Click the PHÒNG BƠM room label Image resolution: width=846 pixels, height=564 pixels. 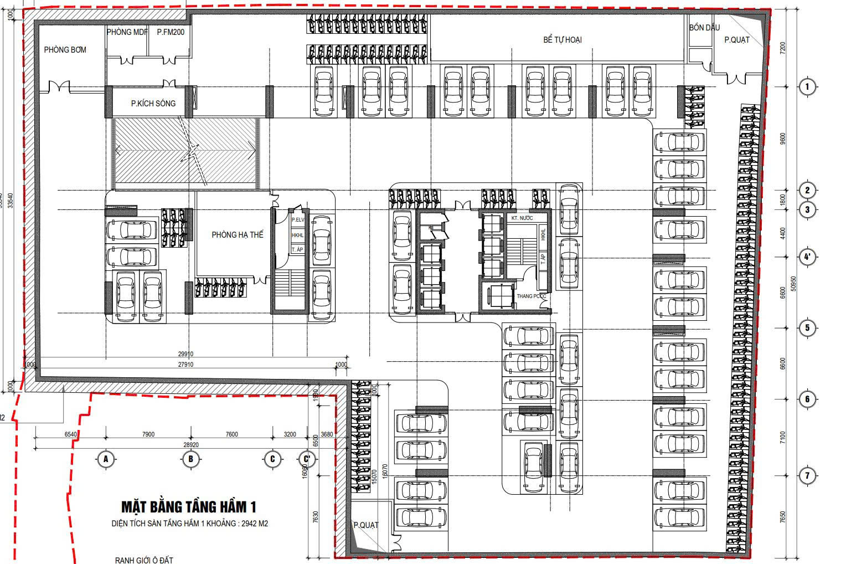[x=65, y=50]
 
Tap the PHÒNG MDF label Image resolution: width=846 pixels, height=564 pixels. [x=127, y=32]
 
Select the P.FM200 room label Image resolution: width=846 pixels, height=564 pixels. [x=171, y=32]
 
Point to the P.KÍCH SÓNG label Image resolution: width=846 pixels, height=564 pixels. [x=153, y=103]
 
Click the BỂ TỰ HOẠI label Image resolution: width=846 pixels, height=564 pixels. [x=562, y=40]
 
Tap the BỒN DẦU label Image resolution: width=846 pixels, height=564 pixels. [x=704, y=28]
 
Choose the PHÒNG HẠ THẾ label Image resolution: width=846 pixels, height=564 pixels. [x=238, y=235]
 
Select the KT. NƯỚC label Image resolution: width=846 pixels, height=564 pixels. [x=522, y=218]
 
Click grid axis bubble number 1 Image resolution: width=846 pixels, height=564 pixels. [x=807, y=86]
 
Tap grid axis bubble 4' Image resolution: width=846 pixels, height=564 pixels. [x=807, y=257]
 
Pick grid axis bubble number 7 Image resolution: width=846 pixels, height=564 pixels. [x=807, y=475]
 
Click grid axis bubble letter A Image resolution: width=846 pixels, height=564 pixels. [x=105, y=459]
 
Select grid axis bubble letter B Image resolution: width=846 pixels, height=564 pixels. [x=191, y=459]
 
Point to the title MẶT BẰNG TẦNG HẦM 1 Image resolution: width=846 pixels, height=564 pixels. [x=189, y=507]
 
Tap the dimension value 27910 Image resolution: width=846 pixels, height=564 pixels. [x=185, y=365]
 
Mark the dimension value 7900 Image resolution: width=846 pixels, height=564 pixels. [x=148, y=434]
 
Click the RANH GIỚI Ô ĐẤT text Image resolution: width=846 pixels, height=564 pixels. [x=144, y=560]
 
